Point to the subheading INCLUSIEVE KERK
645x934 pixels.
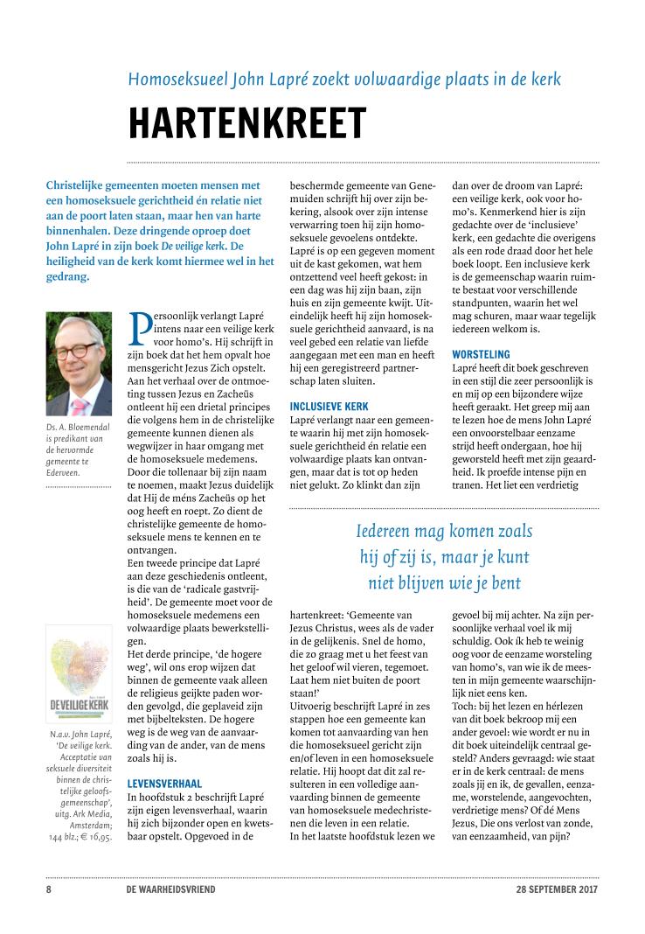click(x=329, y=407)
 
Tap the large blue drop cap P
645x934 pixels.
click(x=142, y=328)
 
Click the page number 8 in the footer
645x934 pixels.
click(x=48, y=889)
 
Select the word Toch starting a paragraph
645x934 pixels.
click(x=464, y=674)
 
